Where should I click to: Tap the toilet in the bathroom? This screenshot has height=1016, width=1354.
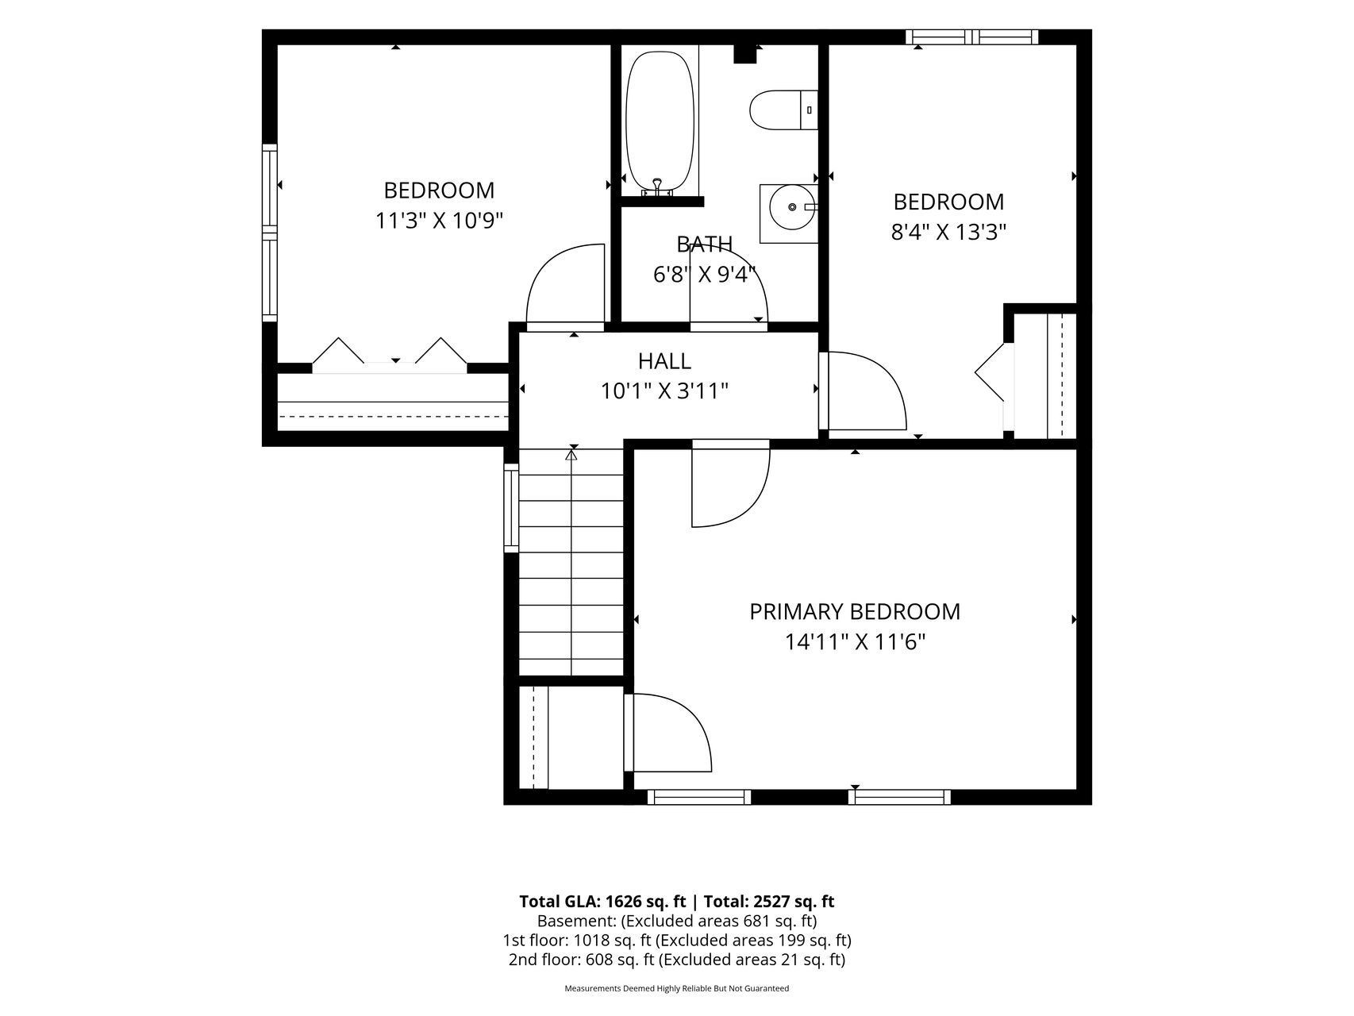pyautogui.click(x=783, y=110)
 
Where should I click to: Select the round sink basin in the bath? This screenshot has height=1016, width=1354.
pyautogui.click(x=792, y=207)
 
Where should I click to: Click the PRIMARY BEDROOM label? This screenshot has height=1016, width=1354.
pyautogui.click(x=855, y=611)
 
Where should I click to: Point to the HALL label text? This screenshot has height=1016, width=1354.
pyautogui.click(x=664, y=361)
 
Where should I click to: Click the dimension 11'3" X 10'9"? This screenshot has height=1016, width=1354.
pyautogui.click(x=440, y=220)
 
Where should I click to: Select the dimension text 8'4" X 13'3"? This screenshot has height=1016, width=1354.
pyautogui.click(x=949, y=232)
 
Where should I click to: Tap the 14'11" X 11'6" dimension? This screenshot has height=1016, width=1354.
pyautogui.click(x=856, y=641)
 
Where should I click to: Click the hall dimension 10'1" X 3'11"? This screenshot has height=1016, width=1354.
pyautogui.click(x=664, y=391)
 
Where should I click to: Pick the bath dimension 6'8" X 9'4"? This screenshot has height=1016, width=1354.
pyautogui.click(x=705, y=275)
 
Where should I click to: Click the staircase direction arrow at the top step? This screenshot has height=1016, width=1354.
pyautogui.click(x=571, y=455)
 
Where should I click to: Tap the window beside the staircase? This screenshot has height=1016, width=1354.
pyautogui.click(x=511, y=508)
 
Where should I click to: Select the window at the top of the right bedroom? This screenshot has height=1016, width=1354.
pyautogui.click(x=972, y=37)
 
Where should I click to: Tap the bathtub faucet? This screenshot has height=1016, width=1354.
pyautogui.click(x=657, y=187)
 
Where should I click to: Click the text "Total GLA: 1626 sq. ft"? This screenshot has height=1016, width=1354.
pyautogui.click(x=603, y=901)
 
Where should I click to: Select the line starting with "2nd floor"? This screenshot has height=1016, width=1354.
pyautogui.click(x=677, y=960)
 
